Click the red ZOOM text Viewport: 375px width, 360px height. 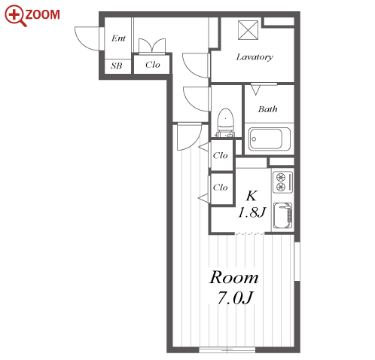(43, 15)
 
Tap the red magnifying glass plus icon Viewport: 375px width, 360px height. (15, 16)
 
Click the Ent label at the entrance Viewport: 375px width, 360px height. (118, 38)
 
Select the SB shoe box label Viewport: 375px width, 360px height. (117, 66)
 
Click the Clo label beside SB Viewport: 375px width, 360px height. (153, 65)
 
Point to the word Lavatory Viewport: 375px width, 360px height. (255, 57)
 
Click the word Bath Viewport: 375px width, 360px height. (268, 109)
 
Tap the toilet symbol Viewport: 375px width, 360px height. (225, 123)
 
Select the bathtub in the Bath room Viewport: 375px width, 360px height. (270, 139)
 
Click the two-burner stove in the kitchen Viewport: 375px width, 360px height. (283, 182)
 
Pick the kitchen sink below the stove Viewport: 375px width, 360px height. (282, 215)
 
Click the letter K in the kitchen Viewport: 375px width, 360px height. (252, 196)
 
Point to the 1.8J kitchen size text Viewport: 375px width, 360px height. (252, 213)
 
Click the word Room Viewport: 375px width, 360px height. (234, 278)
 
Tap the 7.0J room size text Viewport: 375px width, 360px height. (235, 298)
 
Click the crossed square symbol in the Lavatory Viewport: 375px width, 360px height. (248, 30)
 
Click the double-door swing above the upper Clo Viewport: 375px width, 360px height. (152, 45)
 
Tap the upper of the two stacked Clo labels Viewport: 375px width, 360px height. (221, 156)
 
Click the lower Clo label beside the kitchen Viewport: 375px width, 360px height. (221, 188)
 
